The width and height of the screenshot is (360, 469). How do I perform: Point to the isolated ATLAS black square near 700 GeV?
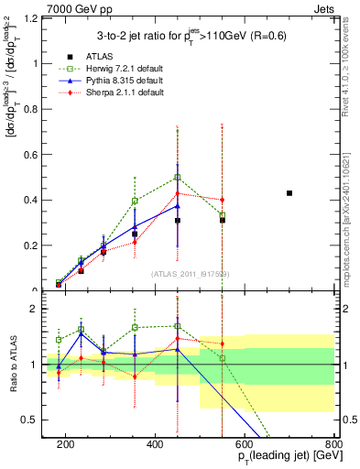click(289, 193)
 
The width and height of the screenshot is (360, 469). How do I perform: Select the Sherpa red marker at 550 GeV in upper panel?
click(223, 200)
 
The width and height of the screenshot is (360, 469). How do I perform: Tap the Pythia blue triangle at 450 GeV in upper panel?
click(178, 206)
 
